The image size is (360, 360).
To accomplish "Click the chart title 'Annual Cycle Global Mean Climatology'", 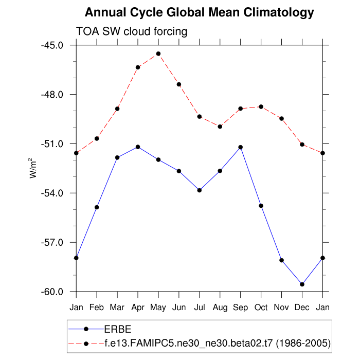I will (x=199, y=12).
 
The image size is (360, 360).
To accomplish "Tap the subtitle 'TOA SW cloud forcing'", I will (x=131, y=31).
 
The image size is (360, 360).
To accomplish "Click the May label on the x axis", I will (x=158, y=308).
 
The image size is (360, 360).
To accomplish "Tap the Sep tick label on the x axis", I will (x=240, y=308).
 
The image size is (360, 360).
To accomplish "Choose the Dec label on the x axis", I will (x=302, y=308).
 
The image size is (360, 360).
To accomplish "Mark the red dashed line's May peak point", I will (x=158, y=53).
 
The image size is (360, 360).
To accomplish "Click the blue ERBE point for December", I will (x=302, y=284).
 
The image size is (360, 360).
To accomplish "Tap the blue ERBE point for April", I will (x=138, y=147).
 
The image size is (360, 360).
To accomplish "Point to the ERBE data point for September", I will (x=240, y=147).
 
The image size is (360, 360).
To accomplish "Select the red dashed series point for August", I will (x=220, y=127).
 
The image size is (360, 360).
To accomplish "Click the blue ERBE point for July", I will (x=199, y=190).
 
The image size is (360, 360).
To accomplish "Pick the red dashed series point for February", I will (x=97, y=138).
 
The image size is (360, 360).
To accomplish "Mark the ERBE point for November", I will (x=281, y=260).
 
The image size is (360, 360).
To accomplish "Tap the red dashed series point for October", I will (x=261, y=106).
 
